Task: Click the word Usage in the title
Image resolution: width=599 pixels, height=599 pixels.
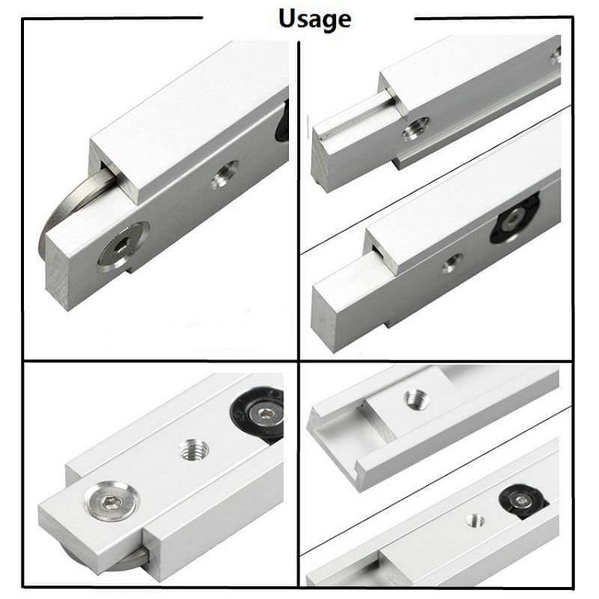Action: point(314,19)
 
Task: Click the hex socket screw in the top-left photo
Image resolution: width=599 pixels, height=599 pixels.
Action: point(122,248)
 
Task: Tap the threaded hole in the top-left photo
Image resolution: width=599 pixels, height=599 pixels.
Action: point(225,175)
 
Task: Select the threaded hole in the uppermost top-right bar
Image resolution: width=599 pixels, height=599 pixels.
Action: point(416,128)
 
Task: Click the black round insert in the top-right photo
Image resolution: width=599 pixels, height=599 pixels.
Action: point(514,217)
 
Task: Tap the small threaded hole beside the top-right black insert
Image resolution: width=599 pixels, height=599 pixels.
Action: point(452,264)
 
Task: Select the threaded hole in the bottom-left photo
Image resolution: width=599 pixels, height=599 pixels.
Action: point(195,450)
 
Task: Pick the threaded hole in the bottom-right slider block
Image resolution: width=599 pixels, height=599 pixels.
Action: point(417,399)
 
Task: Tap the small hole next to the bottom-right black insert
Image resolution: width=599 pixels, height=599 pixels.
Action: point(476,520)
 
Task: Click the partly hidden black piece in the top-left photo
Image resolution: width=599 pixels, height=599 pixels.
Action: point(282,121)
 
